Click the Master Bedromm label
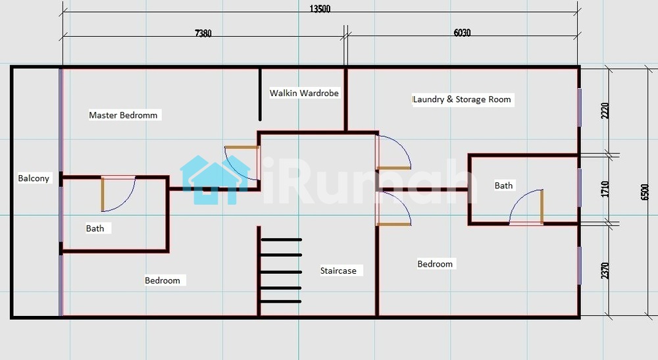coord(124,115)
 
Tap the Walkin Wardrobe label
coord(304,93)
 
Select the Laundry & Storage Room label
coord(462,99)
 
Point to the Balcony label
coord(34,178)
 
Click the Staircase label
coord(338,270)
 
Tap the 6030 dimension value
coord(463,33)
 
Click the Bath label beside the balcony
coord(95,228)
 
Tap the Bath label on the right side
coord(503,186)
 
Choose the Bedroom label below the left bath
coord(163,280)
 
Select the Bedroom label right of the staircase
coord(435,264)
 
